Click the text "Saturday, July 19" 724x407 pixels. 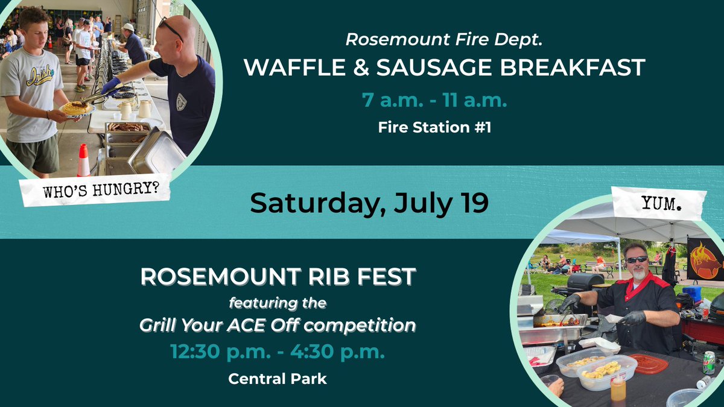tap(369, 203)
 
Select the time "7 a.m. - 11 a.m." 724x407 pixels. tap(434, 99)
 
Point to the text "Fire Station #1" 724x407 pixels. tap(434, 128)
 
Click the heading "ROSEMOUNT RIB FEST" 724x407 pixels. tap(278, 276)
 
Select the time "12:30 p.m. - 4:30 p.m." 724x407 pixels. tap(278, 352)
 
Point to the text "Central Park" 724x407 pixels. tap(278, 379)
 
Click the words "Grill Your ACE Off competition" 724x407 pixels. tap(278, 326)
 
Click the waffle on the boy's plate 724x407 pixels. tap(76, 109)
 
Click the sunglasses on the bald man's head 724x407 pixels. tap(171, 28)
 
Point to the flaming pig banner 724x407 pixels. tap(705, 259)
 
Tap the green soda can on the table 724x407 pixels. tap(708, 362)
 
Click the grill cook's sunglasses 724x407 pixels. tap(636, 259)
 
